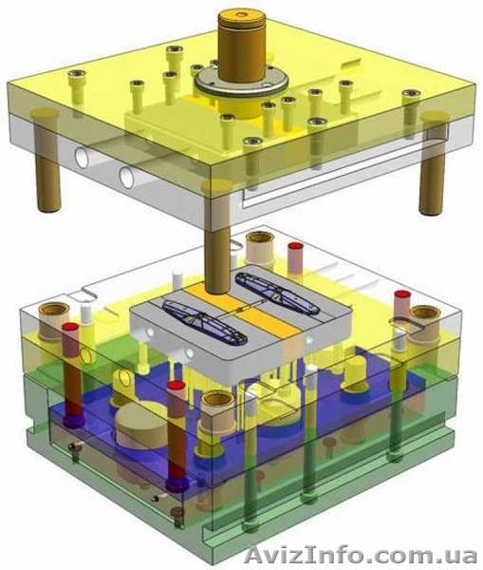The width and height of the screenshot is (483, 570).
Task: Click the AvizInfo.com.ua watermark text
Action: (361, 555)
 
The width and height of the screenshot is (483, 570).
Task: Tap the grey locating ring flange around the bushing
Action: (241, 82)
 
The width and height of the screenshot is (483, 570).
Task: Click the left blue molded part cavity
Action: (204, 321)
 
